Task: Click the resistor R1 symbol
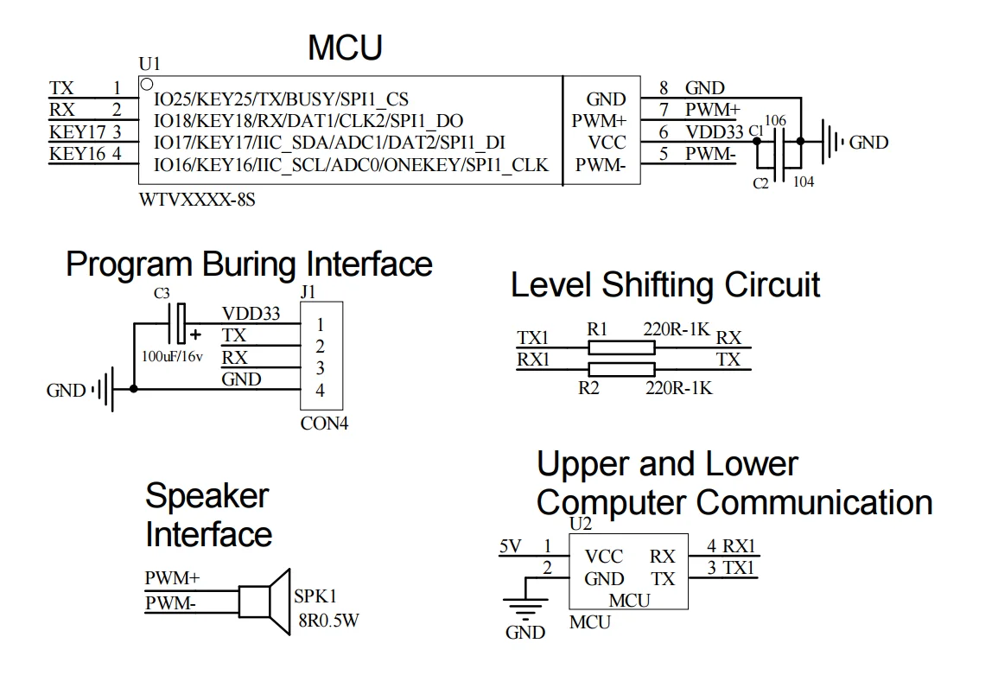620,347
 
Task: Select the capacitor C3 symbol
180,324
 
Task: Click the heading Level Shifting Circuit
665,284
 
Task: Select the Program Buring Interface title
249,264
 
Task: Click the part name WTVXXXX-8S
197,200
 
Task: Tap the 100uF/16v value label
172,354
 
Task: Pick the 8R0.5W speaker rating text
327,619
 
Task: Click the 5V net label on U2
510,546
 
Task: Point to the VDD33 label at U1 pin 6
714,132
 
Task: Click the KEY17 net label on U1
77,132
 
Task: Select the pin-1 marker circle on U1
147,84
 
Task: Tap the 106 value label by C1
775,120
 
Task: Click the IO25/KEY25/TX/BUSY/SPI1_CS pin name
281,99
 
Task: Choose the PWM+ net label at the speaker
172,577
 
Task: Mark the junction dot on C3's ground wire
133,389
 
